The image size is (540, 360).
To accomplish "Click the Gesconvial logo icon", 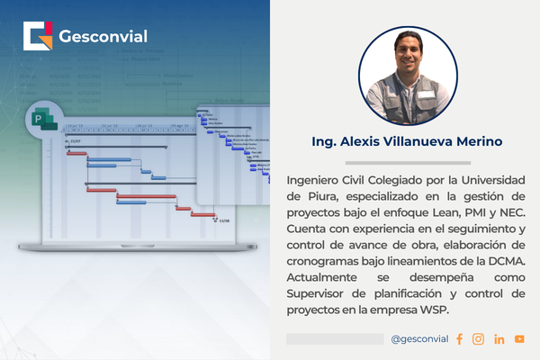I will (40, 38).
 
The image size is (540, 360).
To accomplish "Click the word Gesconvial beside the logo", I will (103, 38).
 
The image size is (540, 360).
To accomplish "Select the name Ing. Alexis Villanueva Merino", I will (408, 142).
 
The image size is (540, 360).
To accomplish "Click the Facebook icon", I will (459, 339).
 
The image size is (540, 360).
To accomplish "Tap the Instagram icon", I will (478, 339).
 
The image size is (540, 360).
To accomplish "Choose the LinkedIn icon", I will (499, 339).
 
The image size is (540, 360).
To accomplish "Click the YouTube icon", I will (519, 339).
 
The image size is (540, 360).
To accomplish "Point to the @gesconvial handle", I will (419, 339).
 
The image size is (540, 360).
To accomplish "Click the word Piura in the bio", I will (312, 196).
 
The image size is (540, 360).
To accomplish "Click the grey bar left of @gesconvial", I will (334, 339).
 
